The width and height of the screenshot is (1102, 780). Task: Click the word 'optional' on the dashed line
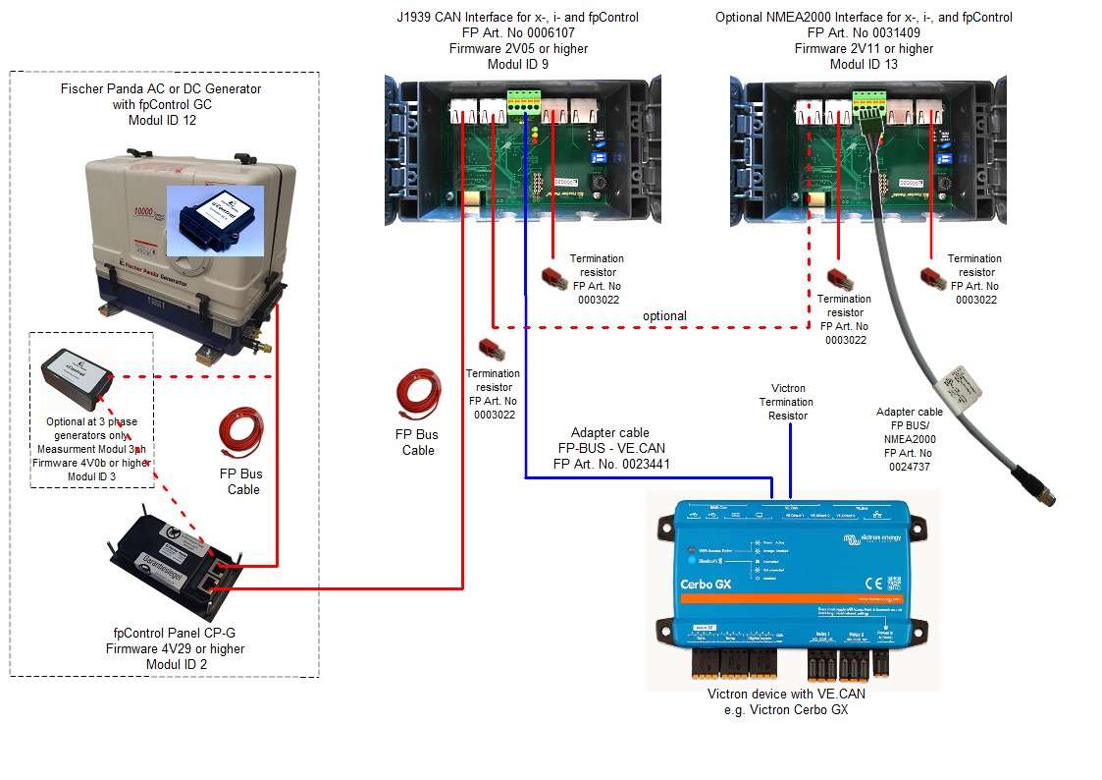664,315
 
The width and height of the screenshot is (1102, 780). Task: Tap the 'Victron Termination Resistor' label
786,402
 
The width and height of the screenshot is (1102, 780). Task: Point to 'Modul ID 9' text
517,64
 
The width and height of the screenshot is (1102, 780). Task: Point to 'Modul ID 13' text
864,64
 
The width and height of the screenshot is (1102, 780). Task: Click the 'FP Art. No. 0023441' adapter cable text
611,464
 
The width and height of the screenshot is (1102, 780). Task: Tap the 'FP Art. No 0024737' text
910,468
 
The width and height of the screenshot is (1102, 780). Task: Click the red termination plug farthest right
930,279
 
